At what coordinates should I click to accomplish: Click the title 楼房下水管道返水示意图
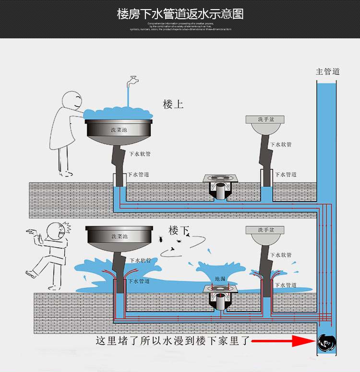click(180, 13)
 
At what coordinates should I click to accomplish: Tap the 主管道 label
click(327, 71)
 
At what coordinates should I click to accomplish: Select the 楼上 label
click(173, 104)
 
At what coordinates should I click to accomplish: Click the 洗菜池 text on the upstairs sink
click(119, 130)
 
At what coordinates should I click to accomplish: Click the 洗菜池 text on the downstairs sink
click(119, 236)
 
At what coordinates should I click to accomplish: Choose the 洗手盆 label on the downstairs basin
click(264, 230)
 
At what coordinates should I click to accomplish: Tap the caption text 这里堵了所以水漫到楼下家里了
click(173, 341)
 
